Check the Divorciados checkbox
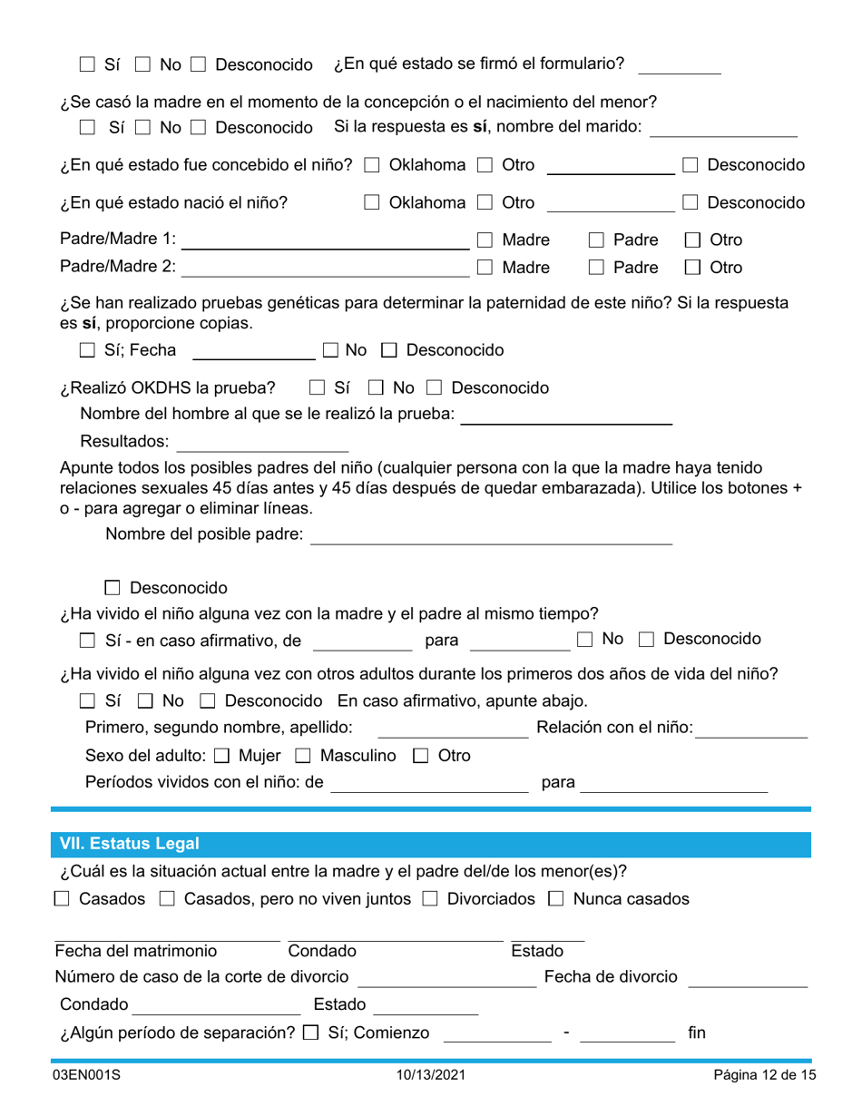tap(433, 899)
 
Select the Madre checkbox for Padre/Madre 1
tap(485, 240)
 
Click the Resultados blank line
tap(262, 443)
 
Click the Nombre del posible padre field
tap(491, 535)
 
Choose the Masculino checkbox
tap(304, 755)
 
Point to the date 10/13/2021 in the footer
tap(431, 1075)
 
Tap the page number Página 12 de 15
tap(765, 1075)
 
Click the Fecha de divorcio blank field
tap(749, 977)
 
